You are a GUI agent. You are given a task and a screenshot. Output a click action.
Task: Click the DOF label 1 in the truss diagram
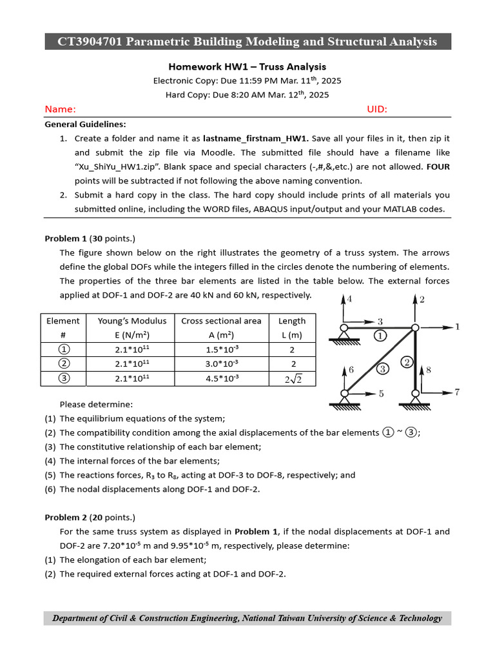click(458, 327)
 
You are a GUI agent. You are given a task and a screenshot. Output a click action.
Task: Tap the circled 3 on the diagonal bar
click(382, 369)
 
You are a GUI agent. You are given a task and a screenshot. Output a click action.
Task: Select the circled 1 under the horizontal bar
click(380, 336)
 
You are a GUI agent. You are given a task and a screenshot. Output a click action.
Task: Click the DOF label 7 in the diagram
click(458, 392)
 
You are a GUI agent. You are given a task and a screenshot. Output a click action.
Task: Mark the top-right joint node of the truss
click(415, 328)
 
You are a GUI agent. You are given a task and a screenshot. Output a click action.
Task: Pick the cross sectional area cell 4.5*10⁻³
click(221, 378)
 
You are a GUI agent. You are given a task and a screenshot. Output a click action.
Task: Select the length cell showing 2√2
click(292, 379)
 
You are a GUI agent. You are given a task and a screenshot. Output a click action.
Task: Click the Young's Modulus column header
click(132, 321)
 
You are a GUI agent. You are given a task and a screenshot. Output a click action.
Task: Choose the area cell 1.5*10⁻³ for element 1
click(221, 349)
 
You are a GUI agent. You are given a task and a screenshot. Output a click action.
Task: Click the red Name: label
click(60, 109)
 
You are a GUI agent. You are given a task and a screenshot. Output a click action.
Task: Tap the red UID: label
click(377, 109)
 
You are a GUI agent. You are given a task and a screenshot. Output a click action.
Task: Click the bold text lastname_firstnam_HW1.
click(256, 138)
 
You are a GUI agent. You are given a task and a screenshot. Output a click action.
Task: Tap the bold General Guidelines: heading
click(85, 124)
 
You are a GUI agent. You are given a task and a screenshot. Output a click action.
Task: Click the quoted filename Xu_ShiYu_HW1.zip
click(120, 167)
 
